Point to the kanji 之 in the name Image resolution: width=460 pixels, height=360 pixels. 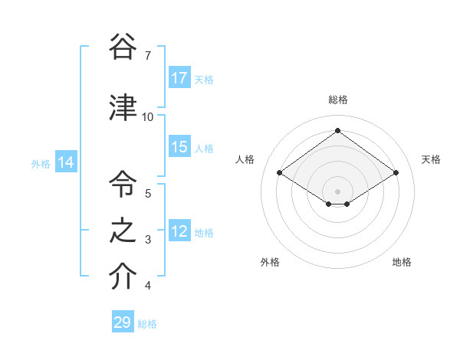point(123,231)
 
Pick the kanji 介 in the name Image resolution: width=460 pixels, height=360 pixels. point(123,277)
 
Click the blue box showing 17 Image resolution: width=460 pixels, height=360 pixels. point(179,78)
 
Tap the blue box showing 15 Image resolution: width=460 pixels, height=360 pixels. point(179,147)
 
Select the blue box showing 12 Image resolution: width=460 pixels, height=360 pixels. point(179,231)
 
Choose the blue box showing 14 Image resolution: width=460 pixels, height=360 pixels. point(66,162)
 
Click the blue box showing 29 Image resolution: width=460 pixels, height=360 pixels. point(123,322)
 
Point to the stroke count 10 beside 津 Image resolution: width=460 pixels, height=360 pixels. point(147,117)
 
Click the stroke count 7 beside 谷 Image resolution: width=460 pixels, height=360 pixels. point(147,56)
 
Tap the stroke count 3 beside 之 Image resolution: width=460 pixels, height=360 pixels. point(147,241)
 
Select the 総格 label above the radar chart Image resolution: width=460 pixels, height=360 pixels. point(337,100)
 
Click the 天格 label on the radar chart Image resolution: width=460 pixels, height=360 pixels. point(431,159)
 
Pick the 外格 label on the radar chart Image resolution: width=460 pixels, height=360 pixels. point(270,262)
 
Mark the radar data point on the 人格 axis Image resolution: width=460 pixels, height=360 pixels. point(280,173)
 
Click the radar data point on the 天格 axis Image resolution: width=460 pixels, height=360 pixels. point(396,173)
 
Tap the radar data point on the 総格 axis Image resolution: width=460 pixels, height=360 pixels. point(337,130)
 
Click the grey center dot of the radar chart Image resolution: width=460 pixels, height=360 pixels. point(337,191)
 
